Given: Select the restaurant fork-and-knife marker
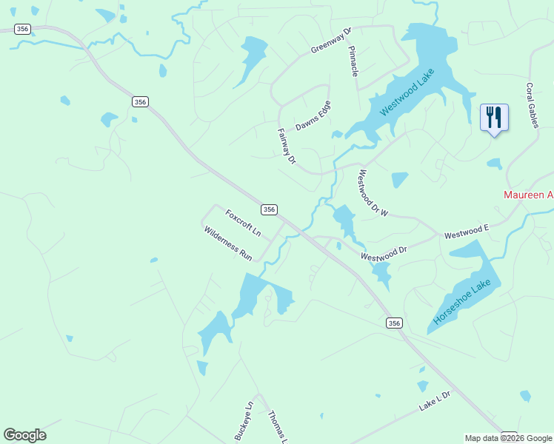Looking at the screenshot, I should pyautogui.click(x=494, y=117).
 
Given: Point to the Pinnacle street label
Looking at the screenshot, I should pyautogui.click(x=354, y=60).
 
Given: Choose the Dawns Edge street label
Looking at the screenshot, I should pyautogui.click(x=313, y=115).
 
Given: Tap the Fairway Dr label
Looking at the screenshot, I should pyautogui.click(x=287, y=146).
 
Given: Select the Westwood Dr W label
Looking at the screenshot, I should pyautogui.click(x=373, y=193).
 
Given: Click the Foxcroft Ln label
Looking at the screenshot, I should pyautogui.click(x=244, y=222).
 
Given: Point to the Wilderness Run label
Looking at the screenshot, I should pyautogui.click(x=228, y=243).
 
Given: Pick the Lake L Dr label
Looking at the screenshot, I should pyautogui.click(x=435, y=401).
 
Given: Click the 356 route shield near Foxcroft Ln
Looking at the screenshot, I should pyautogui.click(x=270, y=210).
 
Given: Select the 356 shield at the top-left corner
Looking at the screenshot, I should pyautogui.click(x=22, y=29).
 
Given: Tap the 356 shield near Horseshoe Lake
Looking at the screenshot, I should pyautogui.click(x=394, y=323).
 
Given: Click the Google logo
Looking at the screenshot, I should pyautogui.click(x=24, y=435).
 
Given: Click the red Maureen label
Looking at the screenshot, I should pyautogui.click(x=528, y=195).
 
